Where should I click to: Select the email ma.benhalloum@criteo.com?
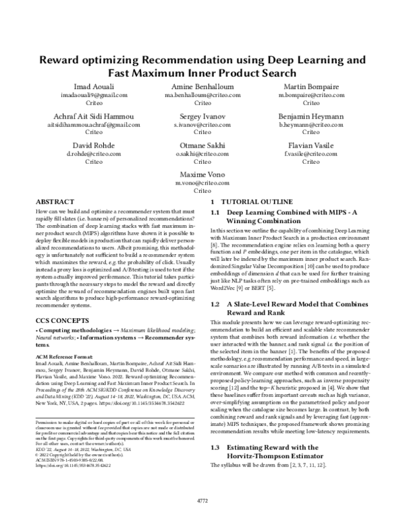(x=202, y=96)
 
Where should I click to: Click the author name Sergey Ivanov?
(x=202, y=117)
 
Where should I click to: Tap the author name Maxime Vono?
(x=202, y=175)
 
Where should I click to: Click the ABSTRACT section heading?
(x=55, y=202)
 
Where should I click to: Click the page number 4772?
(x=202, y=501)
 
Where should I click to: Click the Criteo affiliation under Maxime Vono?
(x=202, y=191)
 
